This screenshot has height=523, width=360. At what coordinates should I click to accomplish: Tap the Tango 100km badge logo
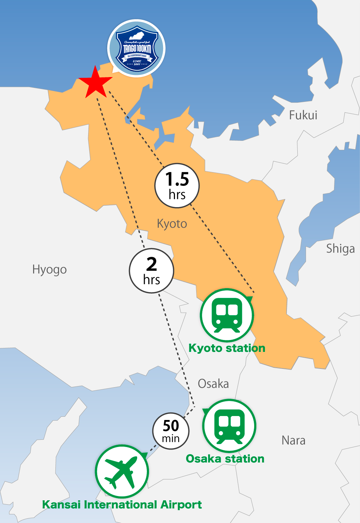[x=136, y=48]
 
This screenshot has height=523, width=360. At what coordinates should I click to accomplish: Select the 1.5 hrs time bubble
[x=177, y=186]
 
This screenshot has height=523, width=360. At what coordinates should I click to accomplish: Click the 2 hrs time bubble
[x=152, y=271]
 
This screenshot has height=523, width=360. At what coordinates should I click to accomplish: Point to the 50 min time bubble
[x=171, y=431]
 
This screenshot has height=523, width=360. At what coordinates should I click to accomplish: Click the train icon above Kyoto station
[x=227, y=315]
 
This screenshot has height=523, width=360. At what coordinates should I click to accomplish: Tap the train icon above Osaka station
[x=229, y=426]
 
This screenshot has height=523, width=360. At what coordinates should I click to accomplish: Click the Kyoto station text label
[x=227, y=348]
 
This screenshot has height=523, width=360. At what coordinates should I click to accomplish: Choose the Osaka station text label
[x=225, y=459]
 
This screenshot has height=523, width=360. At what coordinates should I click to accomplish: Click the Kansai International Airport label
[x=122, y=504]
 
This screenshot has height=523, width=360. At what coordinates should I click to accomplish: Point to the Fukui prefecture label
[x=303, y=115]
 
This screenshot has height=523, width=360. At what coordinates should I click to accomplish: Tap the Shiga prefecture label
[x=340, y=249]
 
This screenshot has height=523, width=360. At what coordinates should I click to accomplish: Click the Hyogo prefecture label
[x=50, y=269]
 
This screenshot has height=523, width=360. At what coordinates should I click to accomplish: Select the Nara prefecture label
[x=293, y=440]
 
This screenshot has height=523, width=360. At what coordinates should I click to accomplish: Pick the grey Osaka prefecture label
[x=213, y=384]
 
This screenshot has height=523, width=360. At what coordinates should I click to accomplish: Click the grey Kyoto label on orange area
[x=172, y=224]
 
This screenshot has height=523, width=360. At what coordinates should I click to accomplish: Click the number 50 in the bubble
[x=171, y=426]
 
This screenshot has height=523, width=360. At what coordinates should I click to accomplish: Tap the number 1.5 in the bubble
[x=177, y=179]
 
